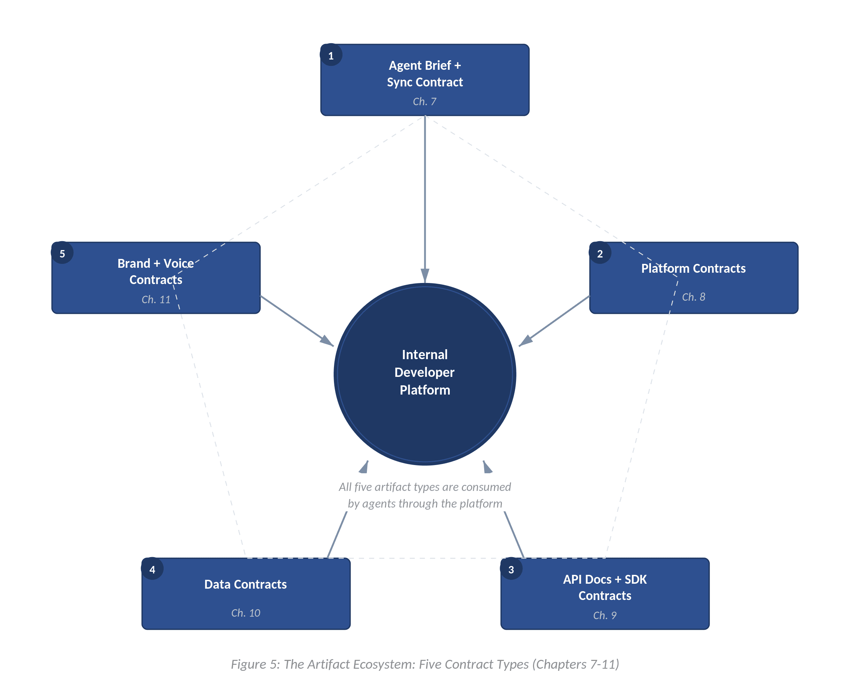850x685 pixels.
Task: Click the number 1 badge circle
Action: coord(331,55)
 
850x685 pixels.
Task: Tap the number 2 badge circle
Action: coord(600,253)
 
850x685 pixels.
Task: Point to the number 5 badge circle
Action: coord(62,253)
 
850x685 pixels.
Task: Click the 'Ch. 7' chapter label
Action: coord(425,101)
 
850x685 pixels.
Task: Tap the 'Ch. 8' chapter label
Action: coord(693,297)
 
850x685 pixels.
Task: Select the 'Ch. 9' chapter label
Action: coord(605,615)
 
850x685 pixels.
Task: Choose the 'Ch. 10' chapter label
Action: coord(245,613)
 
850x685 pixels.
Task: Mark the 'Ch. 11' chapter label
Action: coord(156,300)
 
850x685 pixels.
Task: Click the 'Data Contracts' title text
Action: coord(245,584)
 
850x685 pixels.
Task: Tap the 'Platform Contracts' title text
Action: coord(693,268)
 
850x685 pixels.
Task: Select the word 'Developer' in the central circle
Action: coord(424,372)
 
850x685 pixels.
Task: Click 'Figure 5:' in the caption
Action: coord(255,664)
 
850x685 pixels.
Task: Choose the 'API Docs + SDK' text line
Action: coord(605,579)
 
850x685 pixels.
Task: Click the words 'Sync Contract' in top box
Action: coord(425,82)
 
